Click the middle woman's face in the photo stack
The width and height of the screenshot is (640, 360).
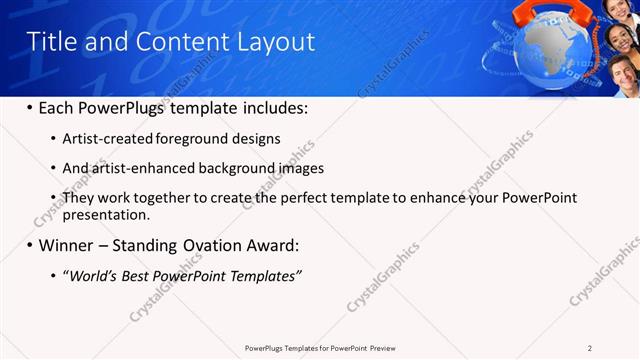pyautogui.click(x=622, y=41)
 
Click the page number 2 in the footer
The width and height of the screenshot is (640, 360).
pyautogui.click(x=590, y=347)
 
